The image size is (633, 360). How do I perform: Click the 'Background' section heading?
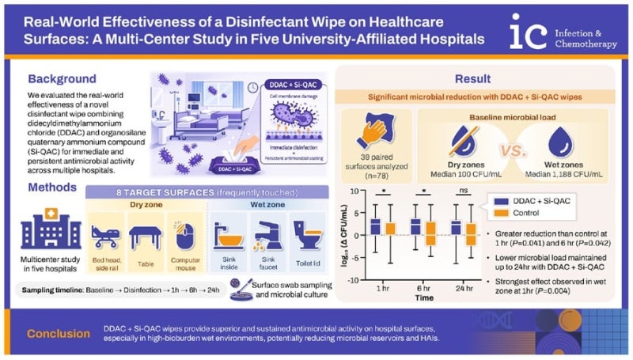pyautogui.click(x=63, y=79)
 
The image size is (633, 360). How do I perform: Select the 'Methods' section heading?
pyautogui.click(x=53, y=187)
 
